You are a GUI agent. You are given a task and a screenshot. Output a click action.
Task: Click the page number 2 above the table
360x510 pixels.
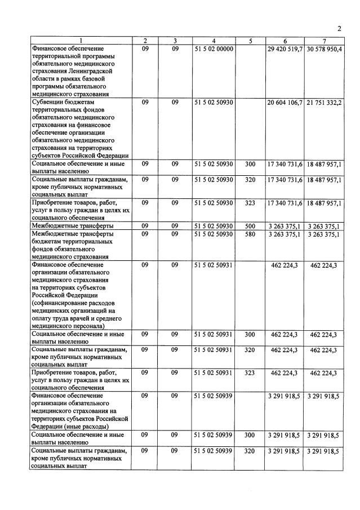[339, 29]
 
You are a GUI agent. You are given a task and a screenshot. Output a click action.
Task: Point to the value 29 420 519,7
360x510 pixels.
[284, 50]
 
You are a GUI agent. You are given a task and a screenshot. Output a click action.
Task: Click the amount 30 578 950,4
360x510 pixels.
[324, 50]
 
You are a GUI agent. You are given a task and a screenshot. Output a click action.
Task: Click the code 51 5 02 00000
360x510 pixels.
[214, 50]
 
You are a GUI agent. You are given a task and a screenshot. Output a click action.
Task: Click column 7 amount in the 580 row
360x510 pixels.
[324, 234]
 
